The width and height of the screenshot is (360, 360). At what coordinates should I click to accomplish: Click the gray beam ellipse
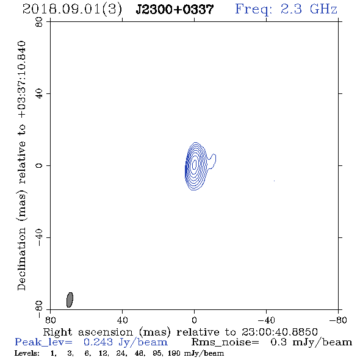(x=70, y=300)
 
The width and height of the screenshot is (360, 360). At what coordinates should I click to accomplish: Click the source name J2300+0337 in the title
(x=175, y=10)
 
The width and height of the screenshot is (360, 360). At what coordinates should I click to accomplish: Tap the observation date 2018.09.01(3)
(x=72, y=10)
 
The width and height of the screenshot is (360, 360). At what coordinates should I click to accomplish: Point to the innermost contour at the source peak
(x=195, y=164)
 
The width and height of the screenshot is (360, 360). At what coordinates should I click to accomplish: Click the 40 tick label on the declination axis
(x=39, y=94)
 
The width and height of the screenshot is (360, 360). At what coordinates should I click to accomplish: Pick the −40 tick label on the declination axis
(x=39, y=237)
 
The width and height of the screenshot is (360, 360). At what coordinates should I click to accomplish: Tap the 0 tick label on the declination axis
(x=39, y=165)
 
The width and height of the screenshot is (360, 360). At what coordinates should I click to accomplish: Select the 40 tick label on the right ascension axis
(x=123, y=320)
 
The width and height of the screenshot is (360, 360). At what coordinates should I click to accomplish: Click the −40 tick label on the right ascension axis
(x=266, y=320)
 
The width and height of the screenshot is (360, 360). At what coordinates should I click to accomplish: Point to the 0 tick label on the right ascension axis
(x=194, y=320)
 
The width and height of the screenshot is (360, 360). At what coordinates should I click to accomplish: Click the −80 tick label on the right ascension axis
(x=338, y=320)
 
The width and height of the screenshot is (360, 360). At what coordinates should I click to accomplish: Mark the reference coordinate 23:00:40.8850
(x=279, y=332)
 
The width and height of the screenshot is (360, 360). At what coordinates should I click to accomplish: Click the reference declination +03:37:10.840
(x=21, y=80)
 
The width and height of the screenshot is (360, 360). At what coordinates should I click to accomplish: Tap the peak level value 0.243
(x=98, y=342)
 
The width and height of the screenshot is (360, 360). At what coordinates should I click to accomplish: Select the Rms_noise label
(x=225, y=342)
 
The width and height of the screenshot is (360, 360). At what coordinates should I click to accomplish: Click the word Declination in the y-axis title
(x=21, y=259)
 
